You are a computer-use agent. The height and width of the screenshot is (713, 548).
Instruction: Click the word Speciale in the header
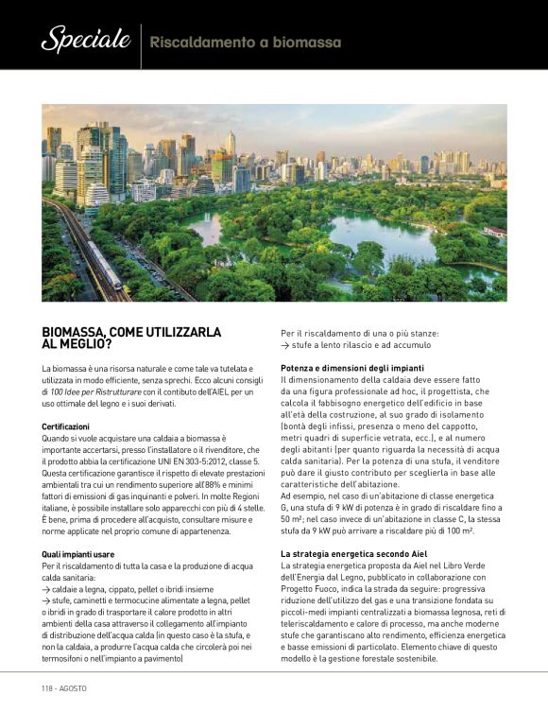[x=85, y=40]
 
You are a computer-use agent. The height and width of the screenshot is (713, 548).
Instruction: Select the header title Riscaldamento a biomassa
[x=246, y=43]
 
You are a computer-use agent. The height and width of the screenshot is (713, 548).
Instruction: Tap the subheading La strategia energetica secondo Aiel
[x=355, y=552]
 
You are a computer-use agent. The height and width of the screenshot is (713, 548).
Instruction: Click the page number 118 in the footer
[x=48, y=687]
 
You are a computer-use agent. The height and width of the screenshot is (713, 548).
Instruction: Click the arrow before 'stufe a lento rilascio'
[x=285, y=346]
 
